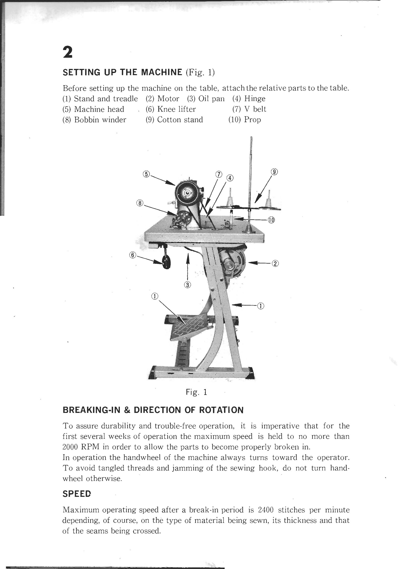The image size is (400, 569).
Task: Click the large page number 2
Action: [x=68, y=53]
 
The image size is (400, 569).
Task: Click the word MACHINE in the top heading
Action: [x=161, y=73]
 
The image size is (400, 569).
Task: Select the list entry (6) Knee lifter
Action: [x=171, y=109]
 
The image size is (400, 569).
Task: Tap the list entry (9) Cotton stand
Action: [x=174, y=119]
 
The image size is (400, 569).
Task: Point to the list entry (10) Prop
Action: [x=245, y=119]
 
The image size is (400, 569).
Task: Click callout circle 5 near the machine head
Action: [x=146, y=174]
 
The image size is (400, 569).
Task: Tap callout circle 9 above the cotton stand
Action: [x=274, y=172]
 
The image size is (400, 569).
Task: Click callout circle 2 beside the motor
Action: [x=275, y=264]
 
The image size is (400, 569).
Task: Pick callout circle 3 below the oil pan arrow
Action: [x=187, y=285]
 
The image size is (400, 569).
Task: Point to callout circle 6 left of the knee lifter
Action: [x=132, y=255]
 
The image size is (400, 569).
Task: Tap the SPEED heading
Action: [x=76, y=494]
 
